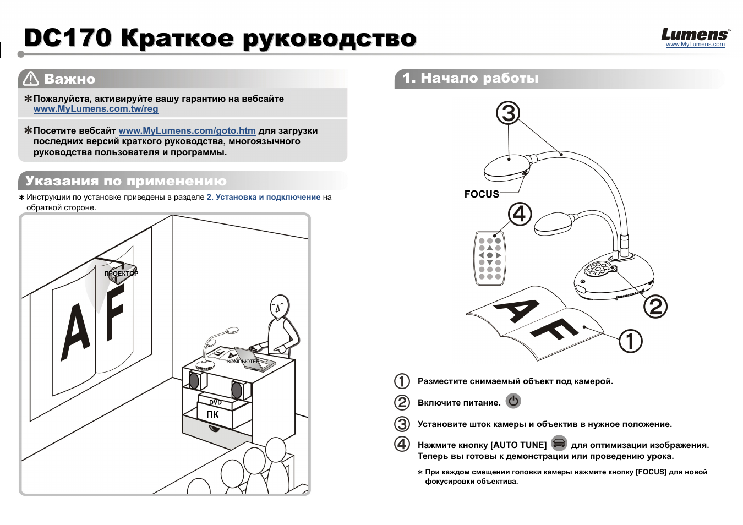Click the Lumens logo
695,35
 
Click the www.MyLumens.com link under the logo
695,45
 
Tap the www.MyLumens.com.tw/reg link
96,109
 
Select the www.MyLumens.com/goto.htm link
187,131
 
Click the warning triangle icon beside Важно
30,79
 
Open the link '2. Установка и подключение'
263,197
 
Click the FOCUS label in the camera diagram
482,194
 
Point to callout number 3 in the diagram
508,113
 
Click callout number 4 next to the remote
520,214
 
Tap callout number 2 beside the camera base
655,307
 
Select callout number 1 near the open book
630,341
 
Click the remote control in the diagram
489,258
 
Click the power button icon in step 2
513,401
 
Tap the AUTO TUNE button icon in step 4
559,443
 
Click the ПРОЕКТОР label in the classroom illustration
121,274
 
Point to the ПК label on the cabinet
212,414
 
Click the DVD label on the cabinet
215,402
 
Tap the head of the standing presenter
279,305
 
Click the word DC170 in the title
68,38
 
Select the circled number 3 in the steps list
402,424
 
